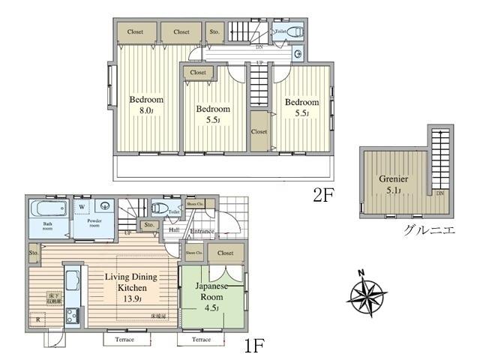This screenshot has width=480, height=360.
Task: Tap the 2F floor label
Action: pyautogui.click(x=323, y=195)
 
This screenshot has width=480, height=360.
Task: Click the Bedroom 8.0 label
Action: pyautogui.click(x=145, y=105)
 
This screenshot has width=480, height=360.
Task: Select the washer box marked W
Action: pyautogui.click(x=82, y=206)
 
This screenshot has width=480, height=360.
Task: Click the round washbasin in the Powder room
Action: pyautogui.click(x=103, y=207)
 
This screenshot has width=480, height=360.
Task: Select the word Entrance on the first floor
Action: pyautogui.click(x=202, y=232)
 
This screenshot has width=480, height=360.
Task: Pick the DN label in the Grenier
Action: pyautogui.click(x=439, y=193)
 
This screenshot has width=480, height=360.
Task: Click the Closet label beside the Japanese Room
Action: pyautogui.click(x=226, y=253)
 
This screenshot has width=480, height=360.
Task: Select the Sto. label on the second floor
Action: pyautogui.click(x=214, y=32)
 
